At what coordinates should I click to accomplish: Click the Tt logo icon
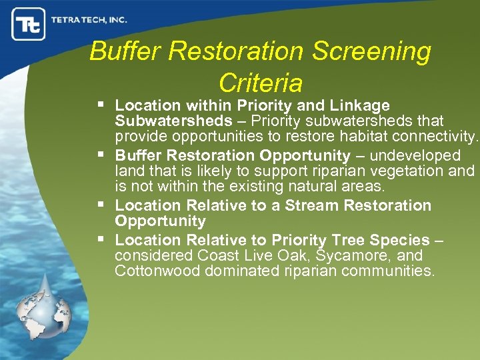pyautogui.click(x=29, y=24)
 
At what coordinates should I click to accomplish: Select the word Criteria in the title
pyautogui.click(x=260, y=83)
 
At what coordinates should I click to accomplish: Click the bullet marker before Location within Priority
pyautogui.click(x=101, y=105)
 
